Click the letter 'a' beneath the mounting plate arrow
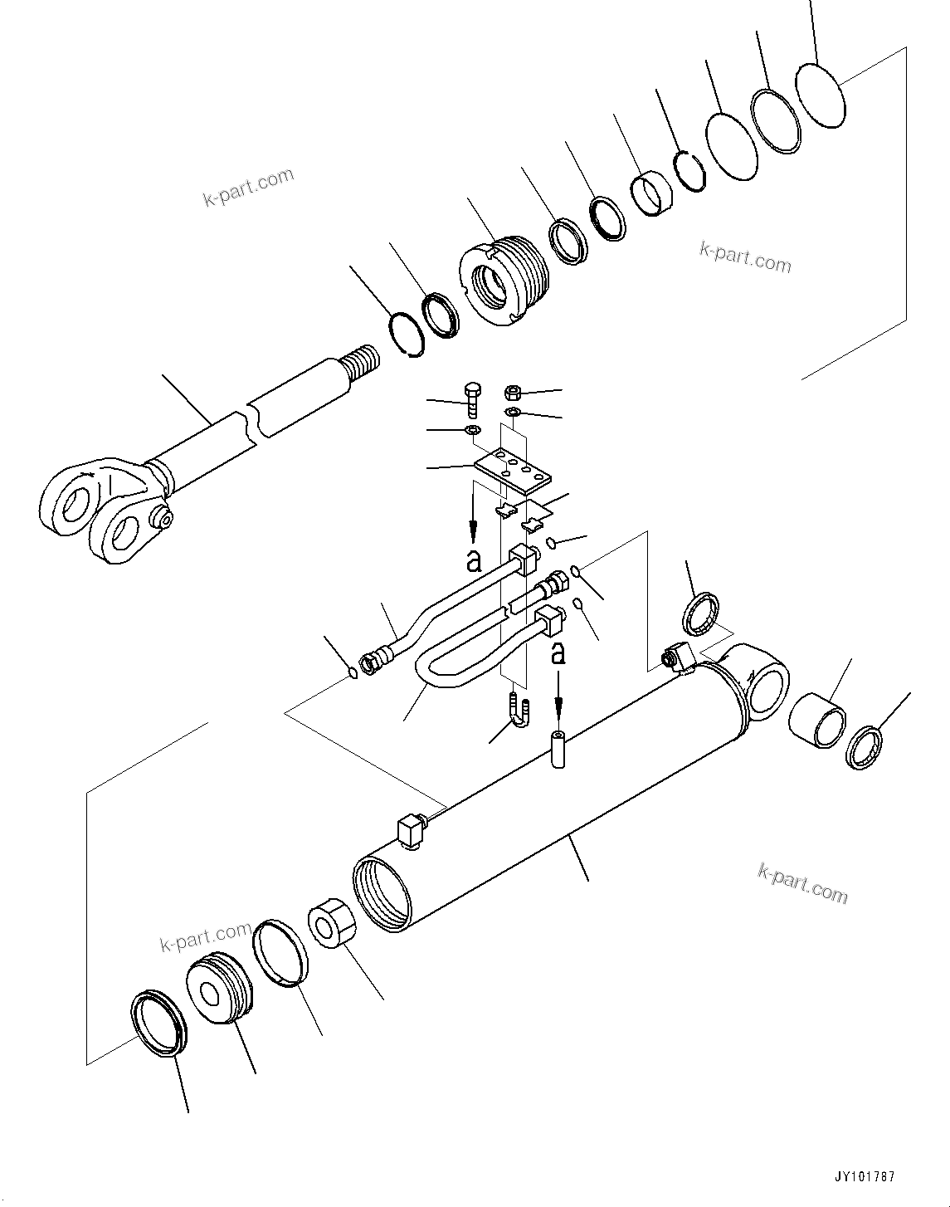[474, 561]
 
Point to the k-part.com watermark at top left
[247, 188]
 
